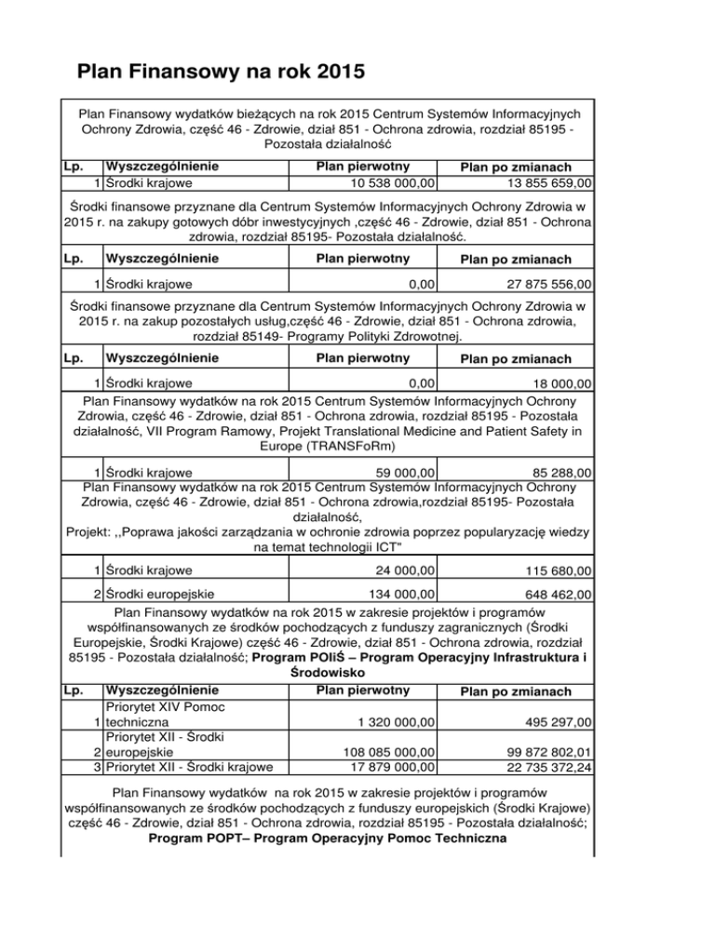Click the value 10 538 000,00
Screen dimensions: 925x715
point(384,182)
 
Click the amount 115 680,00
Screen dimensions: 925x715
point(551,570)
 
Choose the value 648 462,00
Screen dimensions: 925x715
point(551,594)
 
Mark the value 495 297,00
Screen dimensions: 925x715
point(551,722)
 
